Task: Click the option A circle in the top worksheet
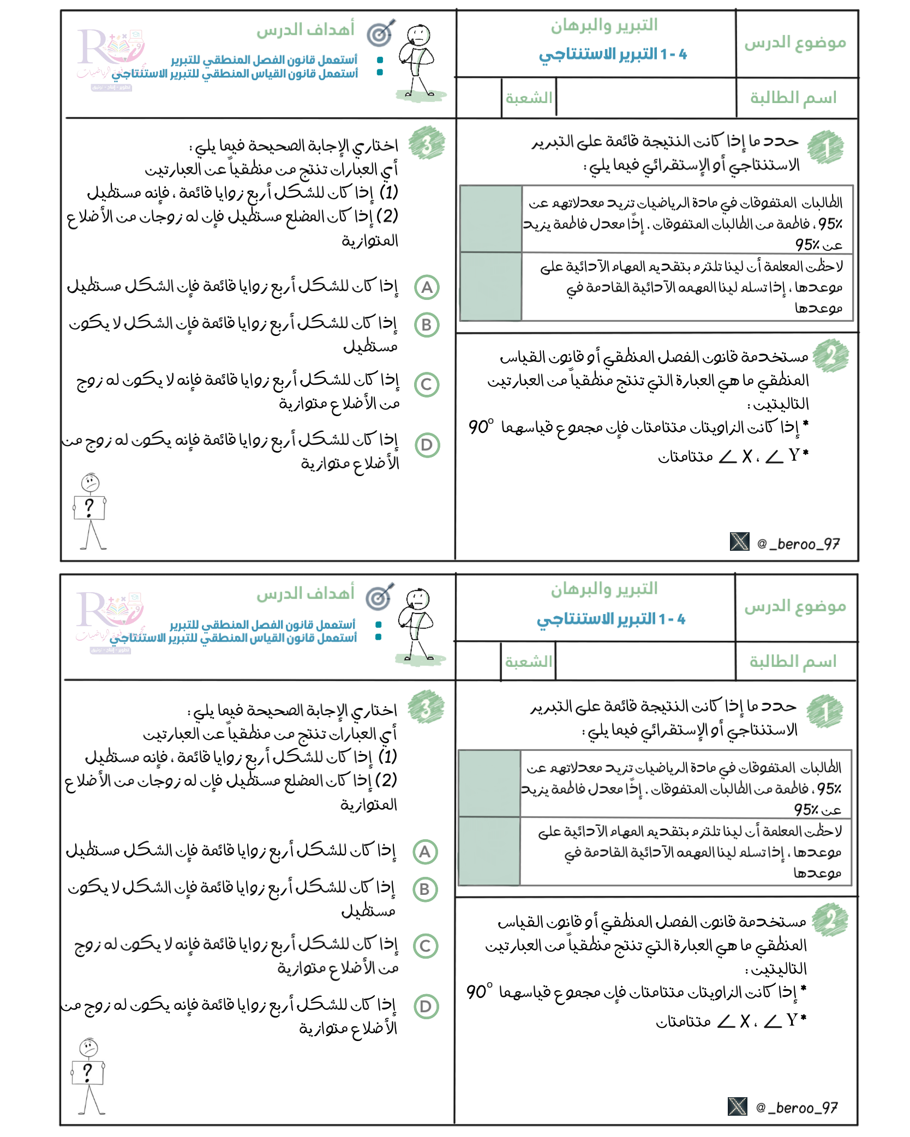[427, 287]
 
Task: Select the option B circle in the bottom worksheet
[425, 889]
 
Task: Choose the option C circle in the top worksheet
[427, 384]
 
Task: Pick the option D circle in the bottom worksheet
[426, 1007]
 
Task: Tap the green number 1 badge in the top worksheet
[825, 147]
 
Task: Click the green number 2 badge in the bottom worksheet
[830, 921]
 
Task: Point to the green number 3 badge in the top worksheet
[427, 143]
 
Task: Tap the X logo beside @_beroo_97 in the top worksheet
[739, 542]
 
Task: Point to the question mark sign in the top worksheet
[89, 508]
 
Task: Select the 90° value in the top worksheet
[481, 426]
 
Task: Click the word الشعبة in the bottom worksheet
[528, 662]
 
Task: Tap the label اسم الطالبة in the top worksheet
[793, 98]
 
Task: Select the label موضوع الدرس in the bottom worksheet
[795, 606]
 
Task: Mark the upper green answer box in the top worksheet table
[490, 219]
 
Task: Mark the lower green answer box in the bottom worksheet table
[489, 851]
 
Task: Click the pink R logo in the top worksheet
[109, 49]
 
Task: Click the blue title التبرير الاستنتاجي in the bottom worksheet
[611, 619]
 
